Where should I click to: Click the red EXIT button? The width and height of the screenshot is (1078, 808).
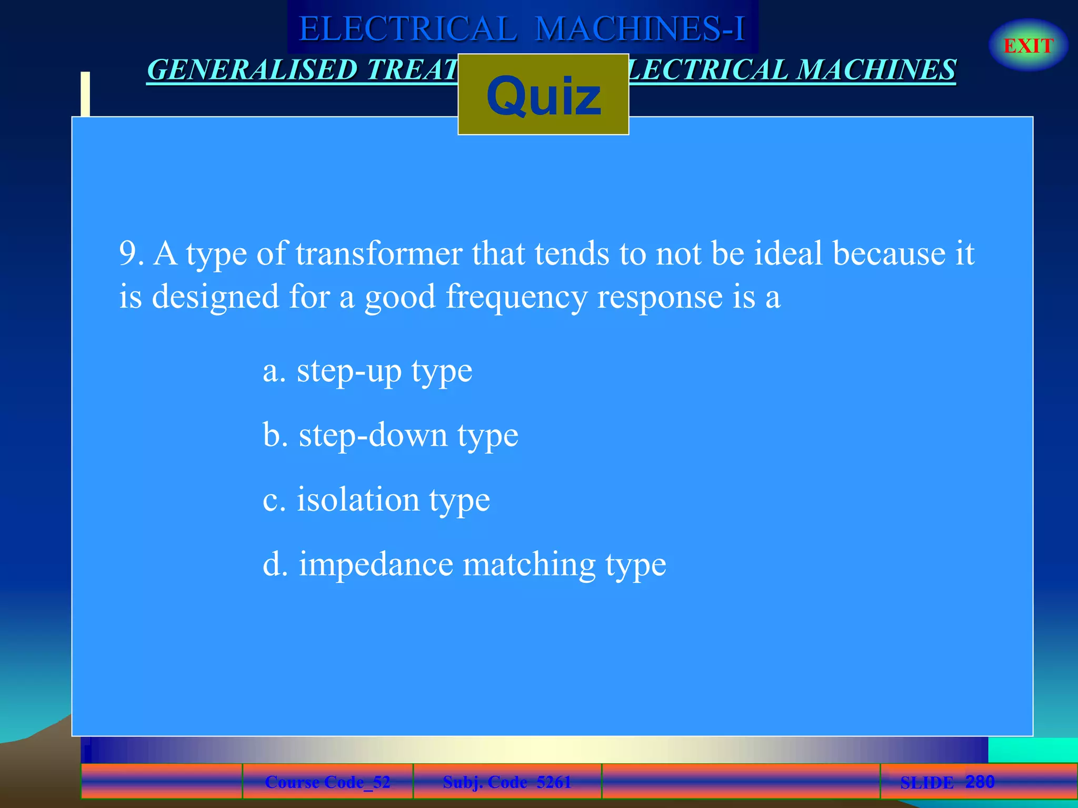click(x=1028, y=46)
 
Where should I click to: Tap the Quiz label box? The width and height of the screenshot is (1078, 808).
click(x=543, y=95)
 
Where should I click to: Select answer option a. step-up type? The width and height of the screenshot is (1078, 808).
click(x=367, y=371)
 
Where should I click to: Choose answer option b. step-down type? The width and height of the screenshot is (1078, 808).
click(x=391, y=436)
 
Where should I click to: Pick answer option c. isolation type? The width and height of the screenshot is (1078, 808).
click(x=376, y=500)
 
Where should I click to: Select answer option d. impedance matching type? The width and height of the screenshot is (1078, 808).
click(x=464, y=564)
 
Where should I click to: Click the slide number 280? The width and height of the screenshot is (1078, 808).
click(x=980, y=782)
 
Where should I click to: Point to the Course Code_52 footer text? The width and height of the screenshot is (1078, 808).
click(x=327, y=782)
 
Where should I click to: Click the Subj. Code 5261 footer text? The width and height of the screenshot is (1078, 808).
click(x=507, y=782)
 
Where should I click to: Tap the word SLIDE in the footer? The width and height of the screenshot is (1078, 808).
click(x=926, y=783)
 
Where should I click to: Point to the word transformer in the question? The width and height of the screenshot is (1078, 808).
click(x=379, y=254)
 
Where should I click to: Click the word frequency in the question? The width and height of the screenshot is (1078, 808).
click(x=516, y=297)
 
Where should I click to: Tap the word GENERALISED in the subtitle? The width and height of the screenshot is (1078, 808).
click(x=253, y=70)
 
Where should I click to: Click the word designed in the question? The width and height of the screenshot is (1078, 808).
click(x=215, y=297)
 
